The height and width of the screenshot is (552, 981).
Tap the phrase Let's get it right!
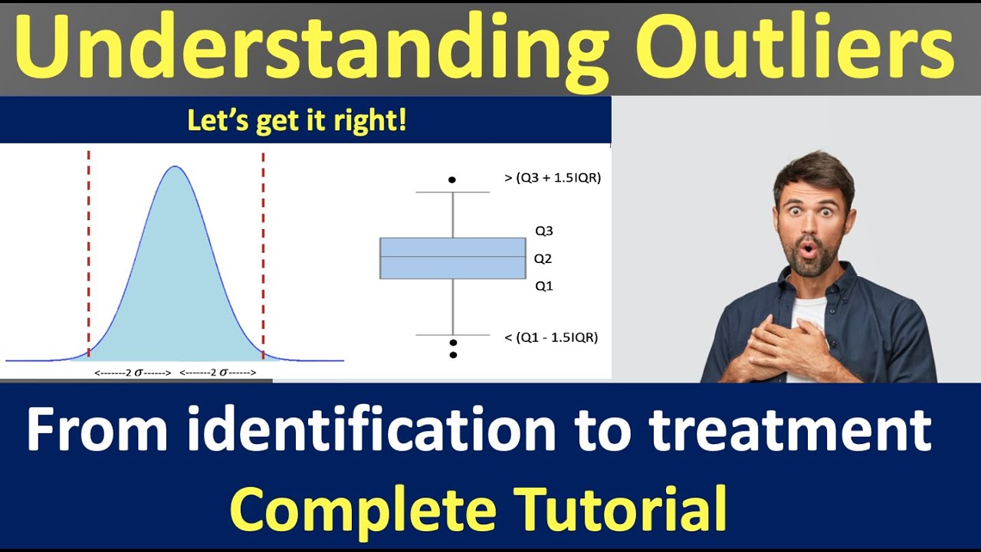pyautogui.click(x=297, y=121)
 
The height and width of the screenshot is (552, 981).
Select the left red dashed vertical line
pyautogui.click(x=89, y=253)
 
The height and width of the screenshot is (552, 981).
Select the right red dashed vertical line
pyautogui.click(x=263, y=253)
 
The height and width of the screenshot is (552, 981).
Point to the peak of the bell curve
pyautogui.click(x=175, y=167)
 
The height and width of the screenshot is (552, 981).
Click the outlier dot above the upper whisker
pyautogui.click(x=452, y=179)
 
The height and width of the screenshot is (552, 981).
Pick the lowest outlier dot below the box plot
pyautogui.click(x=453, y=355)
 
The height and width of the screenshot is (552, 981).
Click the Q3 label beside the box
pyautogui.click(x=543, y=231)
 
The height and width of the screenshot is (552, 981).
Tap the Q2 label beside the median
pyautogui.click(x=543, y=259)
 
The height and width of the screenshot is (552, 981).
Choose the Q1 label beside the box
pyautogui.click(x=543, y=286)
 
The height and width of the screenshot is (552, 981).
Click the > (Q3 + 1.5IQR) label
pyautogui.click(x=552, y=178)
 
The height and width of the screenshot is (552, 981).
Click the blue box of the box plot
pyautogui.click(x=452, y=258)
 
